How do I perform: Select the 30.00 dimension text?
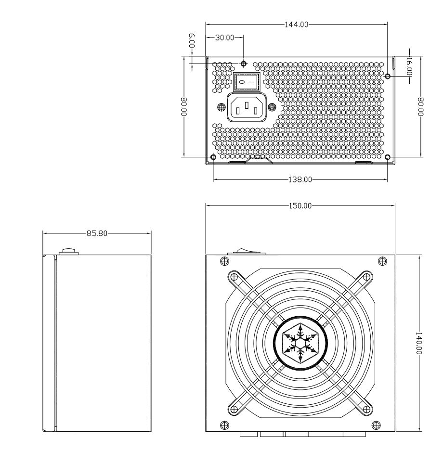(223, 37)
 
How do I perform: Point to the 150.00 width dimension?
(300, 206)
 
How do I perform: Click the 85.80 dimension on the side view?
(97, 233)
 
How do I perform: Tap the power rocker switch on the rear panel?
(247, 82)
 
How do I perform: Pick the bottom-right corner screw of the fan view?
(382, 425)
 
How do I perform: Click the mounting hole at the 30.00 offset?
(244, 64)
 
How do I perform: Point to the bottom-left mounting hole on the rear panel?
(214, 157)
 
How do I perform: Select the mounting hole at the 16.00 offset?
(388, 76)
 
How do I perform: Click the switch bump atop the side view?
(68, 251)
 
